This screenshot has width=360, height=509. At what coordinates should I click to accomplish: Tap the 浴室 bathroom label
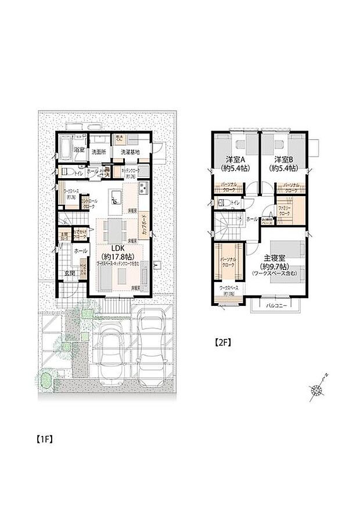(78, 150)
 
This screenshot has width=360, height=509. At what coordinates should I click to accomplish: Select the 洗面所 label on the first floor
(99, 151)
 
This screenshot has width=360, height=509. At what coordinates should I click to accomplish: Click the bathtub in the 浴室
(64, 149)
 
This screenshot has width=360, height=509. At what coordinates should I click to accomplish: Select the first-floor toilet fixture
(64, 172)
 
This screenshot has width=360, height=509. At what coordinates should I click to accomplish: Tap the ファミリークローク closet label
(285, 210)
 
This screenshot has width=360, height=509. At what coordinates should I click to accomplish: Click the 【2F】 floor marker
(223, 342)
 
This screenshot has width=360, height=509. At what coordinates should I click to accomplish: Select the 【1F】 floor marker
(45, 439)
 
